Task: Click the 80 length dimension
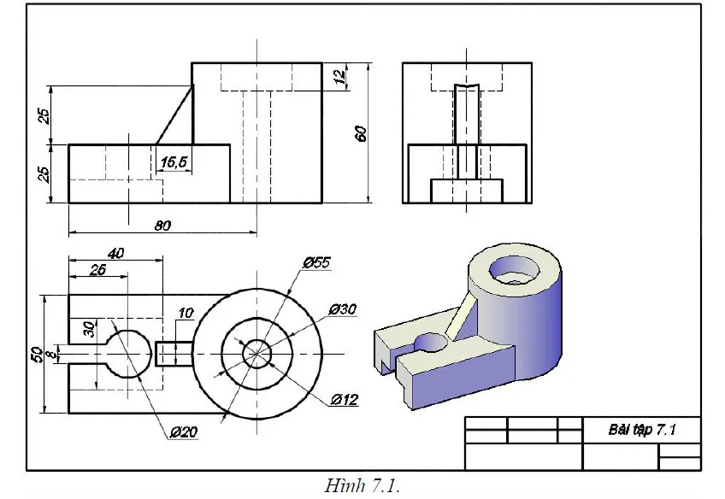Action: (163, 226)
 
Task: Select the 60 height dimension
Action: (361, 132)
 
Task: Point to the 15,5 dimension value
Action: (174, 161)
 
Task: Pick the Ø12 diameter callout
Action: (344, 399)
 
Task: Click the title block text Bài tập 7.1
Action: (641, 430)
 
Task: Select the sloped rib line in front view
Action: (174, 114)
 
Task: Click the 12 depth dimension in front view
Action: (340, 76)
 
